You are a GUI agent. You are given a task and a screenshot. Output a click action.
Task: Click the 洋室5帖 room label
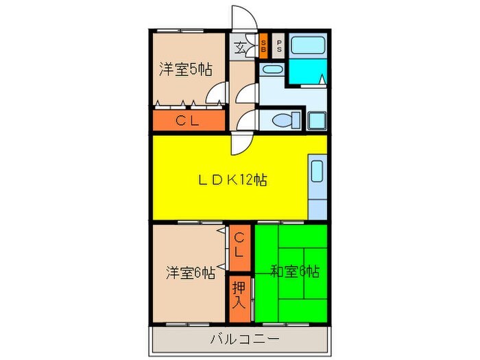click(186, 69)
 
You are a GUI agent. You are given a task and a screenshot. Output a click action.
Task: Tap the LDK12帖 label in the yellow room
click(232, 180)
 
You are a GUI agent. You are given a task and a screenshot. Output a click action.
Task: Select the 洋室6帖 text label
click(190, 272)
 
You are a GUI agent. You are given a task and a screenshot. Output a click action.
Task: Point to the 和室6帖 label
click(294, 271)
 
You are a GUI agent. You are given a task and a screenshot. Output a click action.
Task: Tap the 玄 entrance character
click(241, 48)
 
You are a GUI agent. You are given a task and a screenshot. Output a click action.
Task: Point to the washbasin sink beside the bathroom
click(272, 69)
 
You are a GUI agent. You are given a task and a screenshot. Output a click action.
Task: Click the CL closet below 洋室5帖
click(188, 122)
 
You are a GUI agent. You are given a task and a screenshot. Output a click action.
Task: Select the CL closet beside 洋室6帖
click(239, 245)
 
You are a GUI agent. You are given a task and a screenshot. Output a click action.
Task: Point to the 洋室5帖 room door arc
click(218, 93)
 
